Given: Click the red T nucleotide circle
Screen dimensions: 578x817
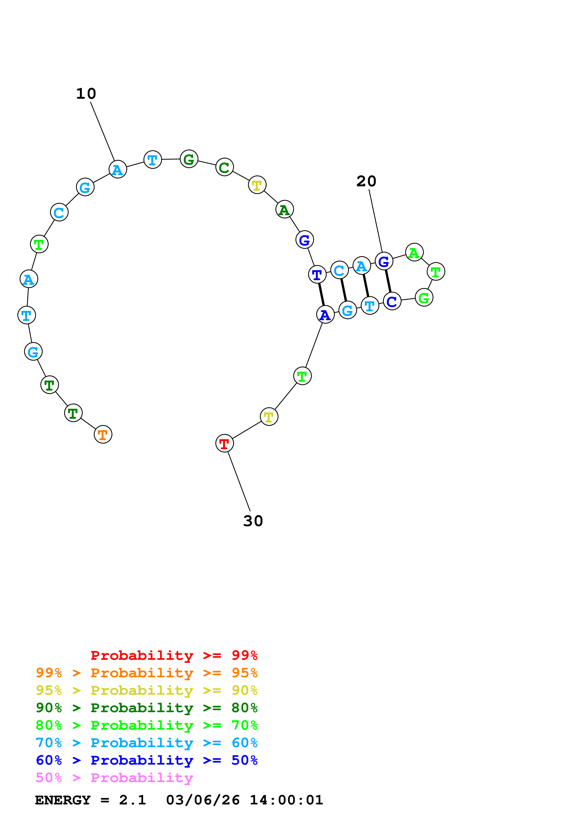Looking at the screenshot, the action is coord(224,443).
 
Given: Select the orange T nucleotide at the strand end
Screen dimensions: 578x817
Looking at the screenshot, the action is coord(103,435).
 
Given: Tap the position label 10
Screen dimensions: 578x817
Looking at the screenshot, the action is coord(86,94).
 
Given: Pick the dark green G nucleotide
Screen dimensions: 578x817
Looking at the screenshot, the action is coord(189,159).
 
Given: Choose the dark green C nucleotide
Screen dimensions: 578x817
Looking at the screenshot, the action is coord(224,167).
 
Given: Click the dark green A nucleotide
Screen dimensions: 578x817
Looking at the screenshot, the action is coord(284,210).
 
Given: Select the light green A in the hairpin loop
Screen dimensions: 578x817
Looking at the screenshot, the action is coord(414,252).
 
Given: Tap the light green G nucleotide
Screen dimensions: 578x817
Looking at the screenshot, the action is coord(424,297).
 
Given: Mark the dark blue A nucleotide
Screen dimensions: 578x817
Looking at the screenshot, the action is coord(325,315).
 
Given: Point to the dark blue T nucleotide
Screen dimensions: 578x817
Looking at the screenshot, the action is coord(317,274).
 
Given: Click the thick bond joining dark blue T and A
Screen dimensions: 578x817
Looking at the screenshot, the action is coord(321,294).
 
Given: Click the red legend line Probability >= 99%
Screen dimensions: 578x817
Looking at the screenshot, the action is coord(174,655).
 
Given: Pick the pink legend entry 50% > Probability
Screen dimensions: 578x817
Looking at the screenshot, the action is coord(114,778).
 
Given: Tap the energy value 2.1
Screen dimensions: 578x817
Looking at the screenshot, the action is coord(132,800).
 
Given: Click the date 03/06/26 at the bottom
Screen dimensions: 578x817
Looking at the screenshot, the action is coord(203,800).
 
